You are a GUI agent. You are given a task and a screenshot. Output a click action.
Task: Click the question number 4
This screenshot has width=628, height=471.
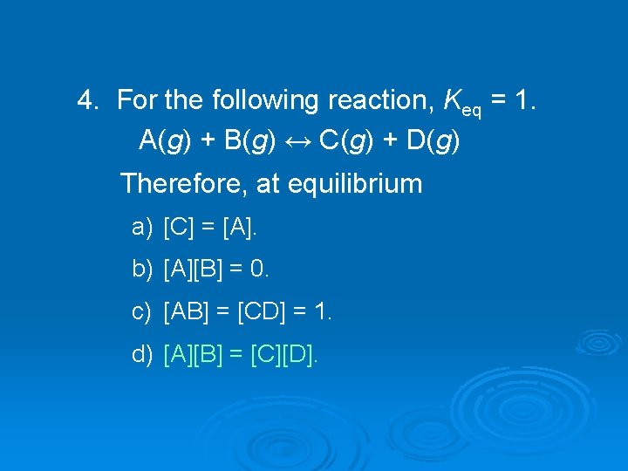86,101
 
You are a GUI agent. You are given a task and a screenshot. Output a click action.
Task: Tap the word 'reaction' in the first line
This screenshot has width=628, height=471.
380,101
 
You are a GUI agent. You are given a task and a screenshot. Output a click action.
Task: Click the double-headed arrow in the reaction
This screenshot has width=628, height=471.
298,140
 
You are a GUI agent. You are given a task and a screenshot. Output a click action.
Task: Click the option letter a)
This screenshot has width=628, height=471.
142,229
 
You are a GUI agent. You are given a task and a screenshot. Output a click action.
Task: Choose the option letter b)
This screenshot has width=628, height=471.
142,270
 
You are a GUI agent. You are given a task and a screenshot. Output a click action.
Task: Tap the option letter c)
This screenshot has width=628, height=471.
142,311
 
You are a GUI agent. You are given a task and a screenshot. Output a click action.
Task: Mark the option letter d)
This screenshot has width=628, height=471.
142,353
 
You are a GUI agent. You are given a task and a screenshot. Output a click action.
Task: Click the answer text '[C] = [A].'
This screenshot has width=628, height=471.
211,229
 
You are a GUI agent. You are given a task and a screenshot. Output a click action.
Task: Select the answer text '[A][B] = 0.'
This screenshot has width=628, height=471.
217,270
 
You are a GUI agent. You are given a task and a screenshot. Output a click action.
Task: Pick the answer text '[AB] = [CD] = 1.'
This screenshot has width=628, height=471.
248,311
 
